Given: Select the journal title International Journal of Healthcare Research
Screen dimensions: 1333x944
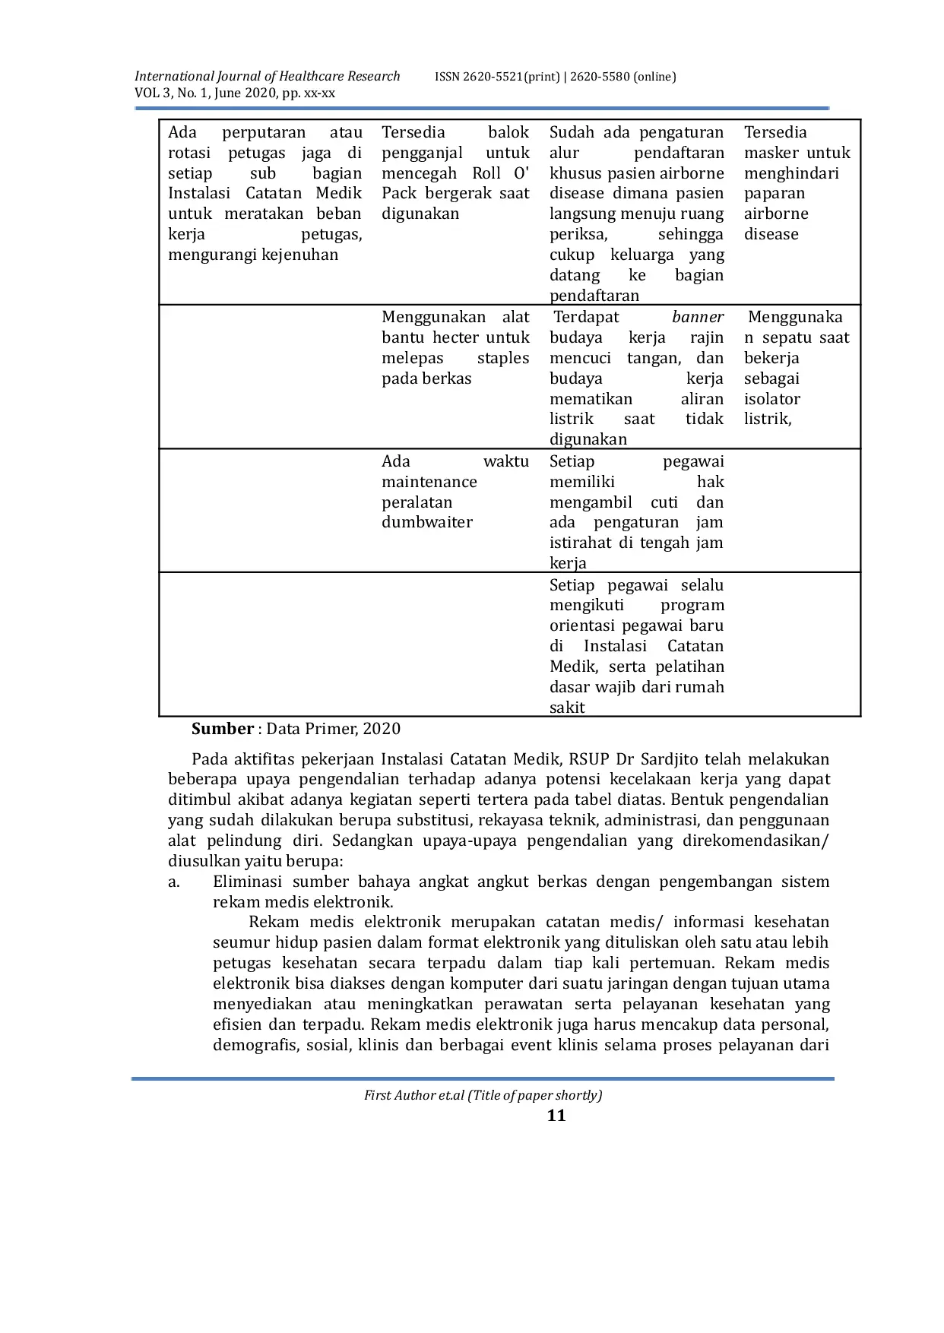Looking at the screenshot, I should click(x=267, y=76).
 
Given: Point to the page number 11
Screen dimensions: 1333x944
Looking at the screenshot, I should click(x=556, y=1115).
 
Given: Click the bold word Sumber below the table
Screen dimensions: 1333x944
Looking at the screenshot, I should click(x=222, y=729).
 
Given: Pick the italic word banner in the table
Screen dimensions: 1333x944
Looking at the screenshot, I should click(x=698, y=317).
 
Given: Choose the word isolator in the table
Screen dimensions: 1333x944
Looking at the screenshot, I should click(x=772, y=399).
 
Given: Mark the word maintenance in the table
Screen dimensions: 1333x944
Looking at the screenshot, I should click(x=429, y=482).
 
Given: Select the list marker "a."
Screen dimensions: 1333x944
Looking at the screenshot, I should click(x=174, y=882).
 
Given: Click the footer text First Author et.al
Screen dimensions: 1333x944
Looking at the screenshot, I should click(x=413, y=1095).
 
